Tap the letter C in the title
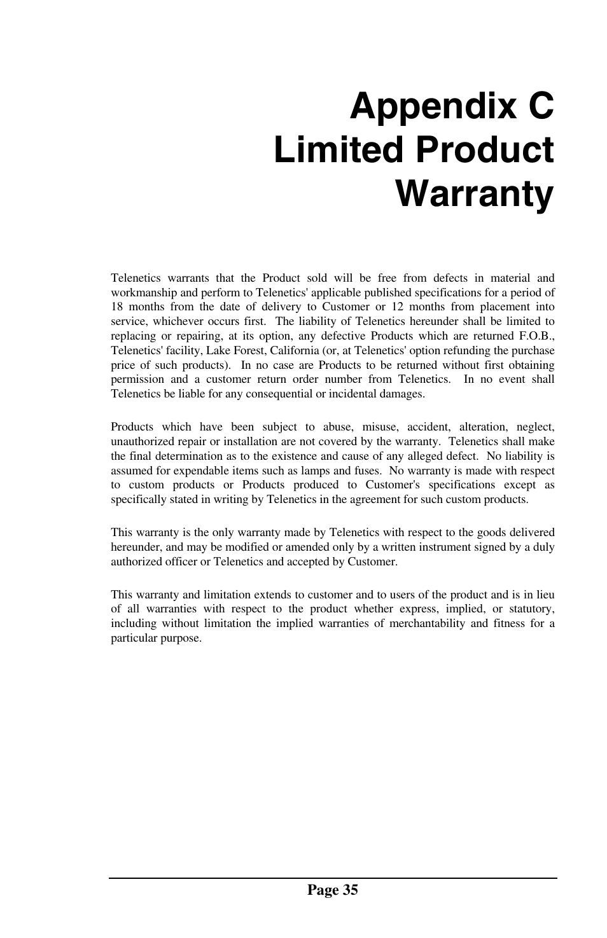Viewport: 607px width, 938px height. pos(538,106)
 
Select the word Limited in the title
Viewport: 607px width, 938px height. pos(338,151)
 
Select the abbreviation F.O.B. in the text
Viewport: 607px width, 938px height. pos(533,336)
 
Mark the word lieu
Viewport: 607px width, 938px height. pos(544,595)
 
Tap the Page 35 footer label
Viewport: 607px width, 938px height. pos(332,890)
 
